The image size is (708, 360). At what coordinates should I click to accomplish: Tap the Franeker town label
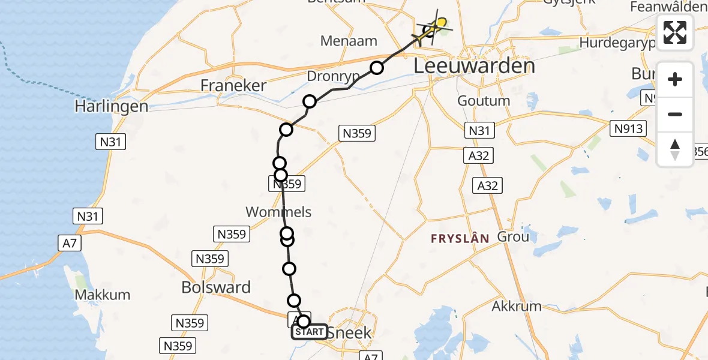click(233, 86)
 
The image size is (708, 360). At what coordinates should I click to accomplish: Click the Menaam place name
click(349, 41)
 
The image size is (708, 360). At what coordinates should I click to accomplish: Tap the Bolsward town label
click(216, 287)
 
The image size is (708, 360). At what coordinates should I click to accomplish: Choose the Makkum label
click(95, 295)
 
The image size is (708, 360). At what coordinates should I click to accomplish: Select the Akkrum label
click(517, 306)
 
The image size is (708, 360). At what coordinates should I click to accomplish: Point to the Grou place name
click(513, 236)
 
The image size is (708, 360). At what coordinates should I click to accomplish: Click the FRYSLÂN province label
click(460, 238)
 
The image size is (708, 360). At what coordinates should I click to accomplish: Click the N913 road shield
click(629, 128)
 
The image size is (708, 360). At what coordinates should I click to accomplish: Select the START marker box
click(310, 332)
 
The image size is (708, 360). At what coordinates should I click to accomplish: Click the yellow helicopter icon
click(436, 26)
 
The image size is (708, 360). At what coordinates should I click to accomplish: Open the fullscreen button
click(675, 32)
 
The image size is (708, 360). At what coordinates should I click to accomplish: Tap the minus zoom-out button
click(675, 115)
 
